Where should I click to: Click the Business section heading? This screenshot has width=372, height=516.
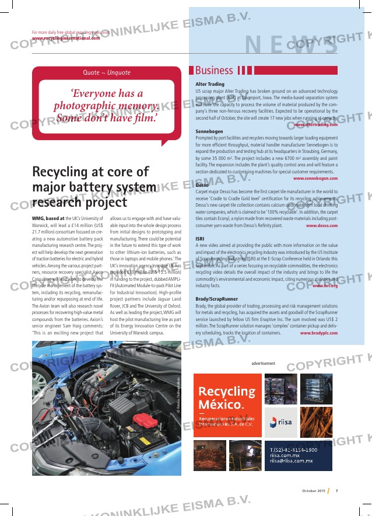coord(214,71)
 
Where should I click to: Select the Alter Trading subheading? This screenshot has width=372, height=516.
coord(210,84)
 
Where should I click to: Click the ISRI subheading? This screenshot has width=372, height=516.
coord(201,239)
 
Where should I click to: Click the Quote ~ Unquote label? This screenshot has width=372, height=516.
coord(107,72)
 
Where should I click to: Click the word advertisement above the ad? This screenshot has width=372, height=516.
coord(264,363)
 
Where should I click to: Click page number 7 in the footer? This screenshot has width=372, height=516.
coord(337,490)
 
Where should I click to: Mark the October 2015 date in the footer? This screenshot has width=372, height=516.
coord(313,490)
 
